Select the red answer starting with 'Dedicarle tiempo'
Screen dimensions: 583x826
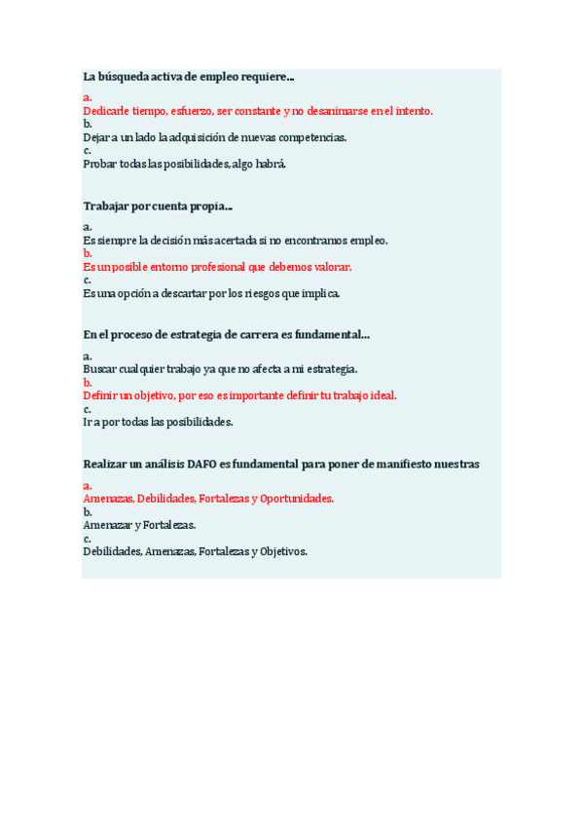pyautogui.click(x=258, y=111)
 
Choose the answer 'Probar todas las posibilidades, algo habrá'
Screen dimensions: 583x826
pyautogui.click(x=185, y=164)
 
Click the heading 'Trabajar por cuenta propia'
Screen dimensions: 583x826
pyautogui.click(x=157, y=206)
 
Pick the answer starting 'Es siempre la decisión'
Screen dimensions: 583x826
pyautogui.click(x=236, y=240)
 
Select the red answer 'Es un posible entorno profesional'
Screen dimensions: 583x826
pyautogui.click(x=217, y=266)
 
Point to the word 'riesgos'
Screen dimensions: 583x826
pyautogui.click(x=269, y=292)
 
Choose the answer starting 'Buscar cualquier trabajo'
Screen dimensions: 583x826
pyautogui.click(x=220, y=369)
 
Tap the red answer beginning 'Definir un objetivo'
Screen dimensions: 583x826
pyautogui.click(x=239, y=395)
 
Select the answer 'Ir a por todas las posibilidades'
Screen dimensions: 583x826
pyautogui.click(x=158, y=422)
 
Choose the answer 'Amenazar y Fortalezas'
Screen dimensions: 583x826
pyautogui.click(x=139, y=525)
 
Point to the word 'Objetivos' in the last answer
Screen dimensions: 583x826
pyautogui.click(x=283, y=551)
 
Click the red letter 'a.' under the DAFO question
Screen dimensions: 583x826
pyautogui.click(x=88, y=485)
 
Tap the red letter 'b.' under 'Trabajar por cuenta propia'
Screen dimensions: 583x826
pyautogui.click(x=88, y=252)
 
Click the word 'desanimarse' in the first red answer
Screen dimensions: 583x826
pyautogui.click(x=337, y=111)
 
